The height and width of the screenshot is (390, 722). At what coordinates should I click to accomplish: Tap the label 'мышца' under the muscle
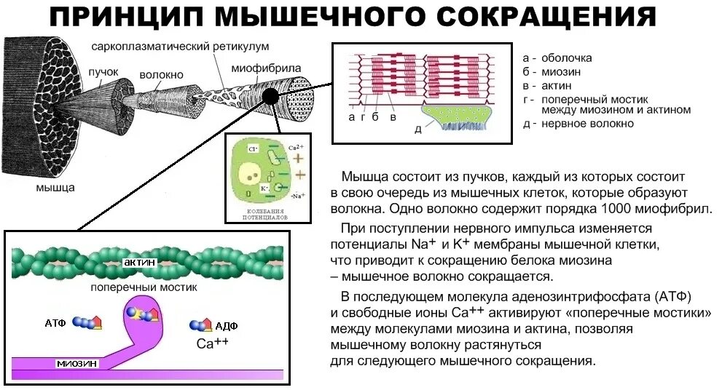pos(56,188)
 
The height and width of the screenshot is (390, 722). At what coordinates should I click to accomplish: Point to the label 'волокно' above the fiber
pos(162,76)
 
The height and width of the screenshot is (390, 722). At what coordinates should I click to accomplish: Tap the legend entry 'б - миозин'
pos(554,72)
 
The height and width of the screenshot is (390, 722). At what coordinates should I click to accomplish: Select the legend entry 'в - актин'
pos(551,86)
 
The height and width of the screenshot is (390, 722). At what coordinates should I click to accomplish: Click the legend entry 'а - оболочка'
pos(557,58)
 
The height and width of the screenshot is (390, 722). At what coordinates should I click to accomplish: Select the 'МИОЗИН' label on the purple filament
pos(76,362)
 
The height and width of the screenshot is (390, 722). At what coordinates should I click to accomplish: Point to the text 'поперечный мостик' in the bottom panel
pos(144,287)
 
